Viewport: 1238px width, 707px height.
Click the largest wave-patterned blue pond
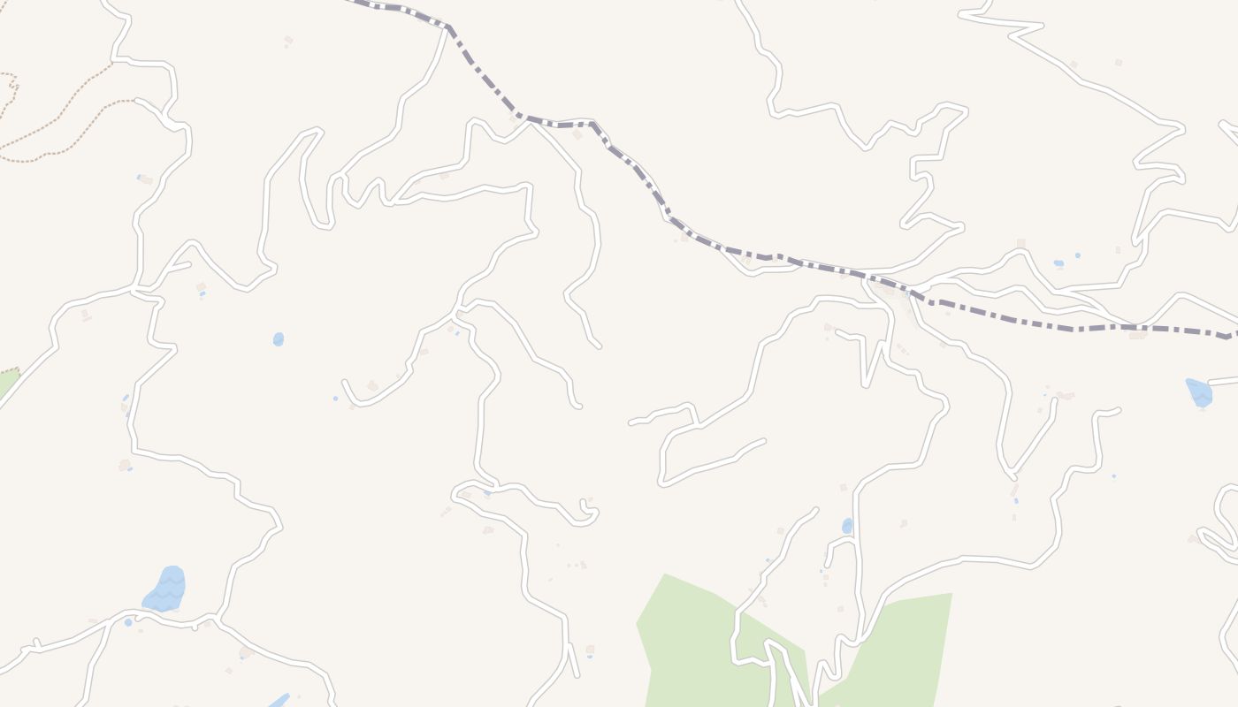[165, 589]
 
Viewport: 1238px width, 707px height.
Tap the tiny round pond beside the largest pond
[128, 623]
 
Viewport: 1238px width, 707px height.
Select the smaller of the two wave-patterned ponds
[1199, 392]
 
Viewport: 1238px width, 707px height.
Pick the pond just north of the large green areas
[847, 526]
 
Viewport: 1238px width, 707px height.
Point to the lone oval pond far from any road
[279, 339]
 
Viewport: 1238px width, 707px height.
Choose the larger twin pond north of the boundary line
[1058, 263]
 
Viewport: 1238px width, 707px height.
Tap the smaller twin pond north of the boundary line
[1078, 255]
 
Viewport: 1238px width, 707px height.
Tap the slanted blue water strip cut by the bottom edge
[279, 701]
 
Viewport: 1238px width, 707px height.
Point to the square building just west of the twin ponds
[1020, 243]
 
